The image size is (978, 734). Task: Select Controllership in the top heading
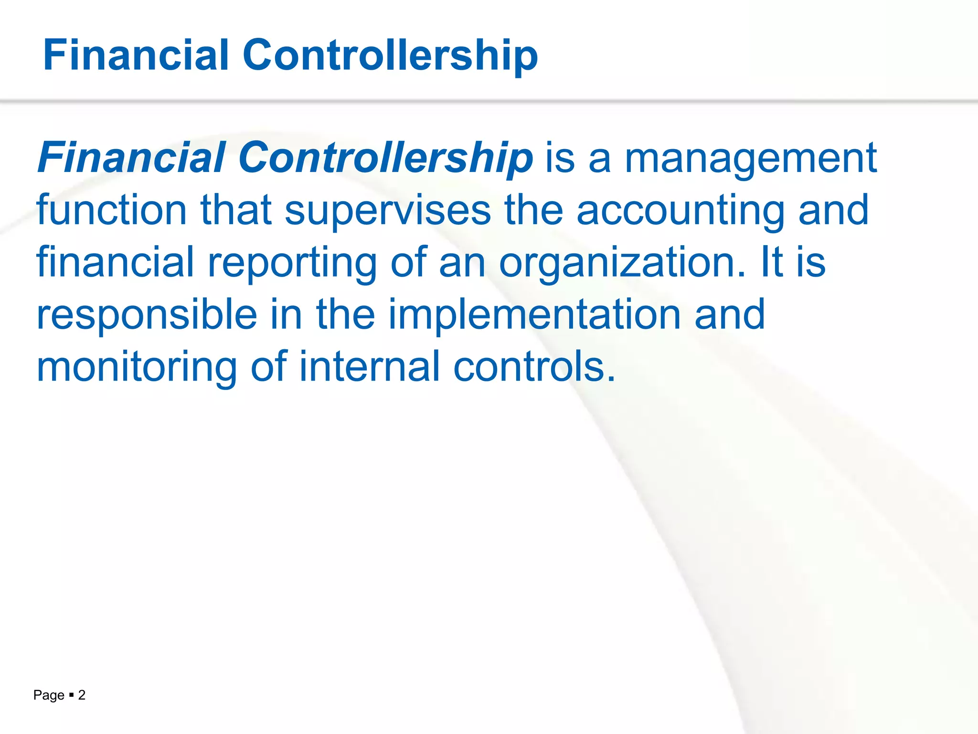pos(390,55)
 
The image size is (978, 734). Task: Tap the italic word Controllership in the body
pos(385,158)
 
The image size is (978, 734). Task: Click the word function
pos(111,210)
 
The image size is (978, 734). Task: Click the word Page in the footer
pos(49,696)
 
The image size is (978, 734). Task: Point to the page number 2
pos(82,695)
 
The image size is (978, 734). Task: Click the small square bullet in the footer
pos(71,695)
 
